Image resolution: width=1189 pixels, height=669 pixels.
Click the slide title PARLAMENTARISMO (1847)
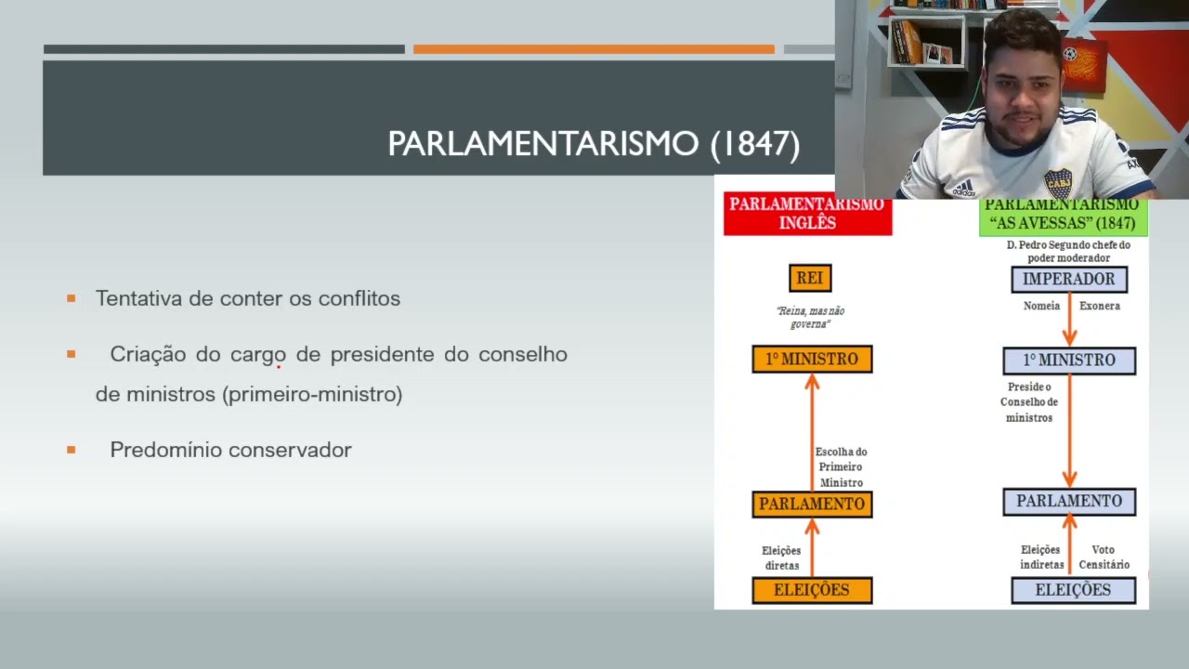pyautogui.click(x=594, y=144)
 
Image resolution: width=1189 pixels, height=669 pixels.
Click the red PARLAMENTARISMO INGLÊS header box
pyautogui.click(x=807, y=215)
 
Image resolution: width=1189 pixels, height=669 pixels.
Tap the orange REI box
pyautogui.click(x=809, y=278)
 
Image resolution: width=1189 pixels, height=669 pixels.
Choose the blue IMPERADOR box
pyautogui.click(x=1068, y=279)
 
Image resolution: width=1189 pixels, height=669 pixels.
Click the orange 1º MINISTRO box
pyautogui.click(x=812, y=360)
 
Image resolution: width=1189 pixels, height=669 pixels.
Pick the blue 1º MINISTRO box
pyautogui.click(x=1069, y=361)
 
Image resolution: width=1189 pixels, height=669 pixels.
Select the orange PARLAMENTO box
pyautogui.click(x=812, y=504)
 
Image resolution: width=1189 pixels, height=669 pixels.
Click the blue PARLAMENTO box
pyautogui.click(x=1069, y=501)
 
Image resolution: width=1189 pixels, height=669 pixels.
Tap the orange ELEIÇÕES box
pyautogui.click(x=812, y=590)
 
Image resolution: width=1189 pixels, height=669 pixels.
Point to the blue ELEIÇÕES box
pyautogui.click(x=1073, y=590)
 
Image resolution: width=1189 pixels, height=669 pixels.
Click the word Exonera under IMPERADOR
pyautogui.click(x=1099, y=306)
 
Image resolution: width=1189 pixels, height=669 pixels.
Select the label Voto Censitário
pyautogui.click(x=1104, y=557)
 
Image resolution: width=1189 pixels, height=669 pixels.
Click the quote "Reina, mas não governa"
pyautogui.click(x=810, y=317)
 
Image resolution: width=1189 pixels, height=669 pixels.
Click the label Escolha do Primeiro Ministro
pyautogui.click(x=841, y=467)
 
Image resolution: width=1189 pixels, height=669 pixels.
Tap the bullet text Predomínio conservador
pyautogui.click(x=230, y=450)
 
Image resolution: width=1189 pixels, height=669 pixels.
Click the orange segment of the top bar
pyautogui.click(x=594, y=49)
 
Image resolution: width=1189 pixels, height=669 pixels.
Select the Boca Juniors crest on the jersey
pyautogui.click(x=1057, y=183)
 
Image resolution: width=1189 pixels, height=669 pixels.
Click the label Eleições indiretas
pyautogui.click(x=1041, y=557)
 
